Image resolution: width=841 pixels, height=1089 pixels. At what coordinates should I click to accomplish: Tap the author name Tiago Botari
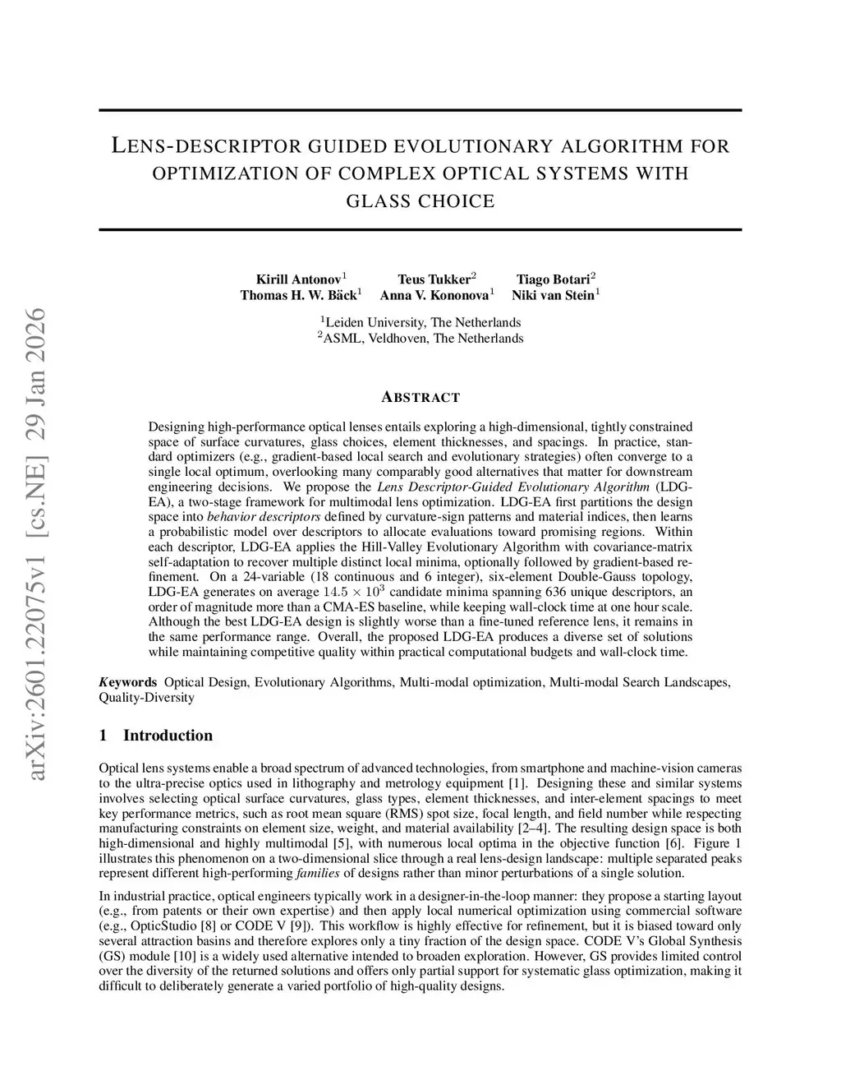pyautogui.click(x=553, y=279)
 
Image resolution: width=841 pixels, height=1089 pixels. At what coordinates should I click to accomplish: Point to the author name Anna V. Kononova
pyautogui.click(x=434, y=295)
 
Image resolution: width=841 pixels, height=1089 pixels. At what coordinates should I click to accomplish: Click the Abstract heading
pyautogui.click(x=420, y=398)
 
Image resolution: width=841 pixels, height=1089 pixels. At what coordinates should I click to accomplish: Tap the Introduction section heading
pyautogui.click(x=168, y=736)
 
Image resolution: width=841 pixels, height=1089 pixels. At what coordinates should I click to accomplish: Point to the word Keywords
pyautogui.click(x=128, y=682)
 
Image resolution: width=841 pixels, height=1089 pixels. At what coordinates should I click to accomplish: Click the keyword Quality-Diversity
pyautogui.click(x=146, y=698)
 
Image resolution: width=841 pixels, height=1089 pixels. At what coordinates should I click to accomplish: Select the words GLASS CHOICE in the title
pyautogui.click(x=420, y=201)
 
